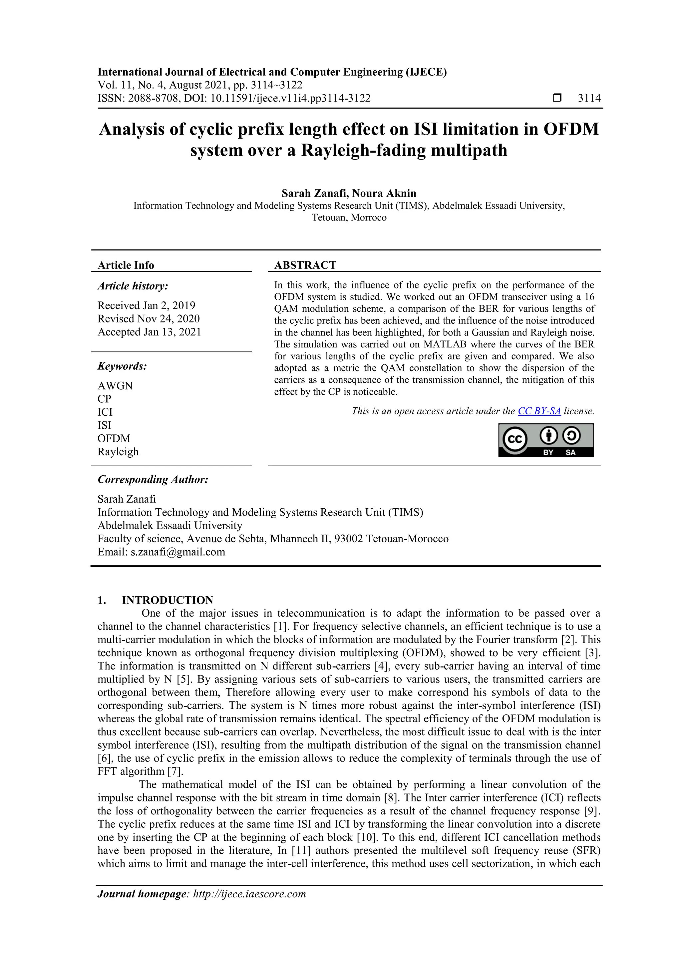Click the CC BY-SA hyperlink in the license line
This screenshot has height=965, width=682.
539,411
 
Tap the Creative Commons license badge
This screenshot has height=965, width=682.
546,440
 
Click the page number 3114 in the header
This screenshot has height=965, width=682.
589,98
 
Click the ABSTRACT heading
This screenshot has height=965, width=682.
305,265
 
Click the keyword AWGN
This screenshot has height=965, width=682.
115,386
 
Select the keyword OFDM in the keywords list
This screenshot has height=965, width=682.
114,438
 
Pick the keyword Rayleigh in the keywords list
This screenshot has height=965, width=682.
118,452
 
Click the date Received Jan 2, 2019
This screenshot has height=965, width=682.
146,305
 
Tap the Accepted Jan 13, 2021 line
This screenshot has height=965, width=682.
149,332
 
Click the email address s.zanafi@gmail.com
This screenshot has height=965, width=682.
178,552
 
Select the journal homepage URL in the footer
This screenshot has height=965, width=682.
249,894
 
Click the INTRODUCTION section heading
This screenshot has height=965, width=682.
167,600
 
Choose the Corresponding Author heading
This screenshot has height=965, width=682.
153,480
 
